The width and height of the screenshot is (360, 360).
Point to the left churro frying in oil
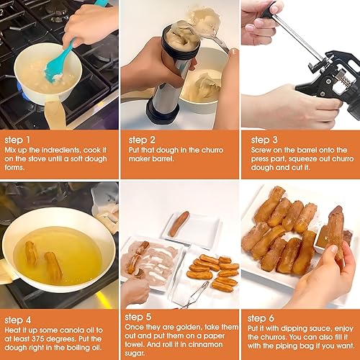(x=31, y=253)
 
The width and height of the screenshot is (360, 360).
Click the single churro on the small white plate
(x=179, y=222)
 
